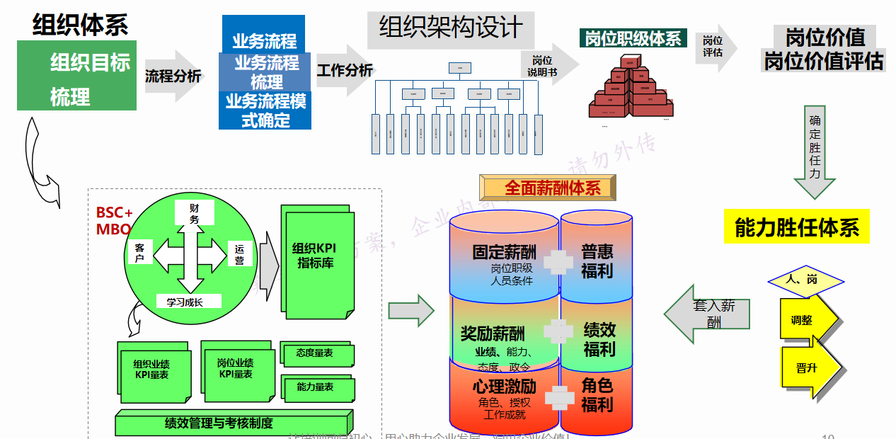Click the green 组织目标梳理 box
tap(76, 76)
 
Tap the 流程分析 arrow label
tap(173, 76)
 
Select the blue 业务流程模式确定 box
tap(265, 111)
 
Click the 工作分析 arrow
tap(345, 70)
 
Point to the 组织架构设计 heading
tap(451, 29)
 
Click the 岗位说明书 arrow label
tap(544, 66)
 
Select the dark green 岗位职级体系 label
tap(633, 39)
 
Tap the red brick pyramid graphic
tap(628, 89)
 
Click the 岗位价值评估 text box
tap(824, 49)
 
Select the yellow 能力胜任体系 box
tap(797, 227)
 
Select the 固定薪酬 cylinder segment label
tap(504, 253)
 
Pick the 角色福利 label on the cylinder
tap(597, 395)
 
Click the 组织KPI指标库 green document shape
tap(316, 260)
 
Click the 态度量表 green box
tap(316, 353)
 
